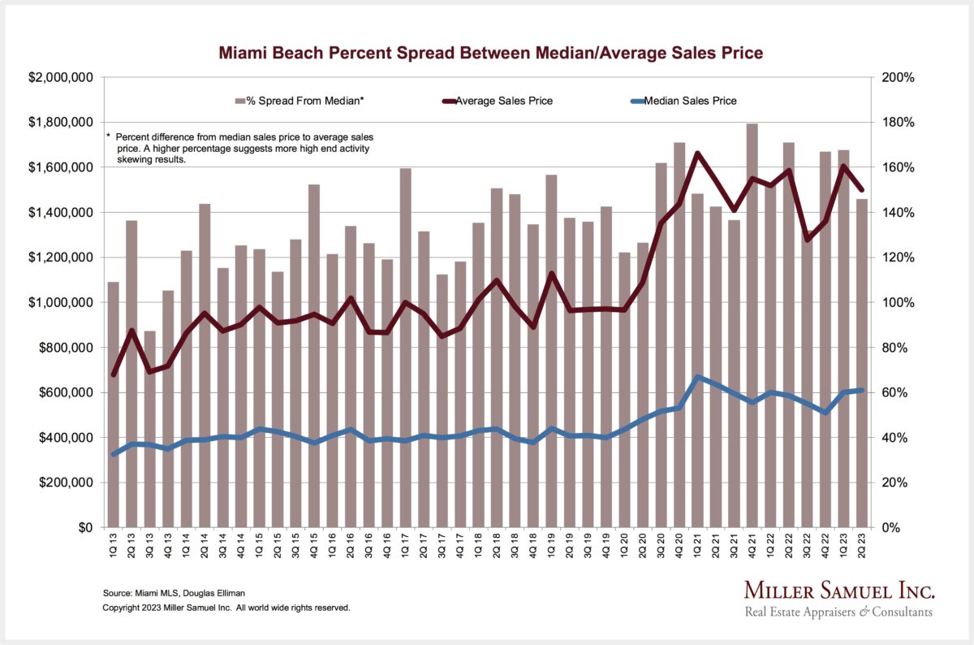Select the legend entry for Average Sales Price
pyautogui.click(x=504, y=101)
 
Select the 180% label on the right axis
pyautogui.click(x=898, y=123)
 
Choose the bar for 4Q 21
pyautogui.click(x=752, y=325)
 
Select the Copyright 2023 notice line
pyautogui.click(x=226, y=607)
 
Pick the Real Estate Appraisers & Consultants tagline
pyautogui.click(x=838, y=612)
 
